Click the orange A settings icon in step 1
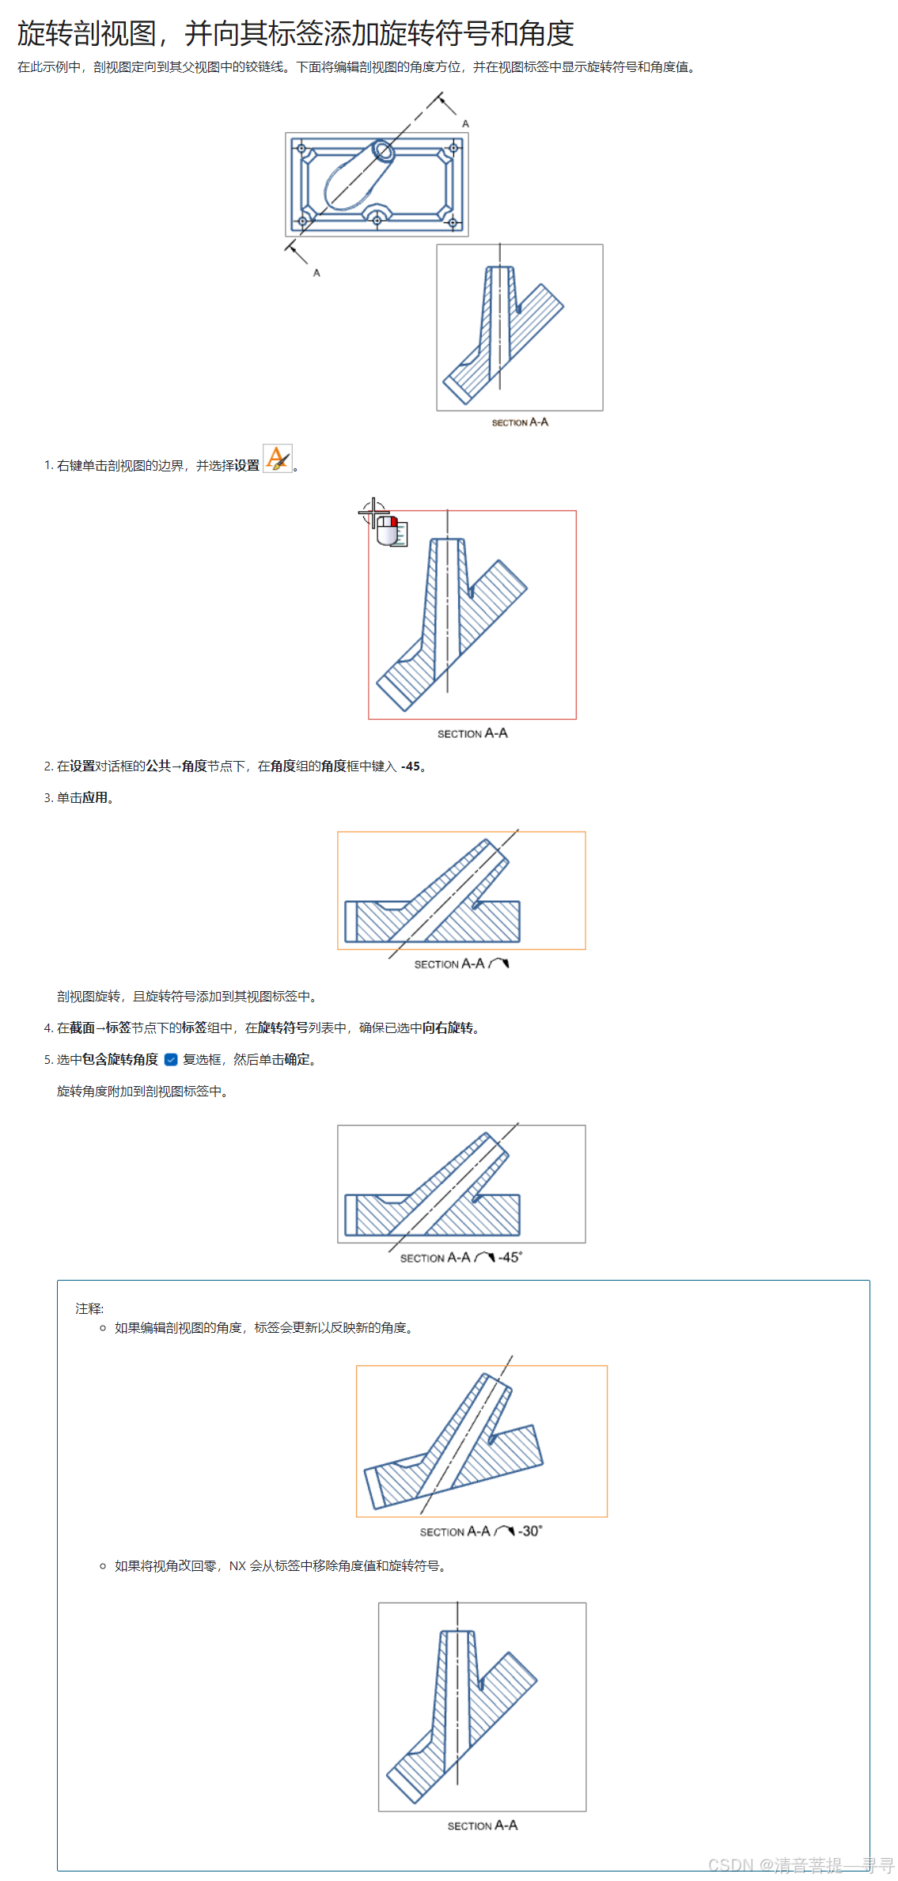tap(277, 459)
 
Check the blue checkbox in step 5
tap(171, 1059)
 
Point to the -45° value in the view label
tap(510, 1257)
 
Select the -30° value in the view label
tap(530, 1531)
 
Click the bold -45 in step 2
tap(410, 766)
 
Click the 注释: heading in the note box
tap(89, 1308)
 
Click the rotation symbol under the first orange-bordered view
tap(499, 963)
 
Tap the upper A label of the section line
tap(465, 123)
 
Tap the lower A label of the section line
tap(316, 273)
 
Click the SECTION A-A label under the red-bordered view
tap(472, 733)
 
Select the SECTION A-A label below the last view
tap(482, 1825)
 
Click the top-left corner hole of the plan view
tap(301, 148)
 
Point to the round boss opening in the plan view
tap(383, 150)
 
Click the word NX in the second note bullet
tap(237, 1565)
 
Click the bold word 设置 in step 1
tap(247, 465)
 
